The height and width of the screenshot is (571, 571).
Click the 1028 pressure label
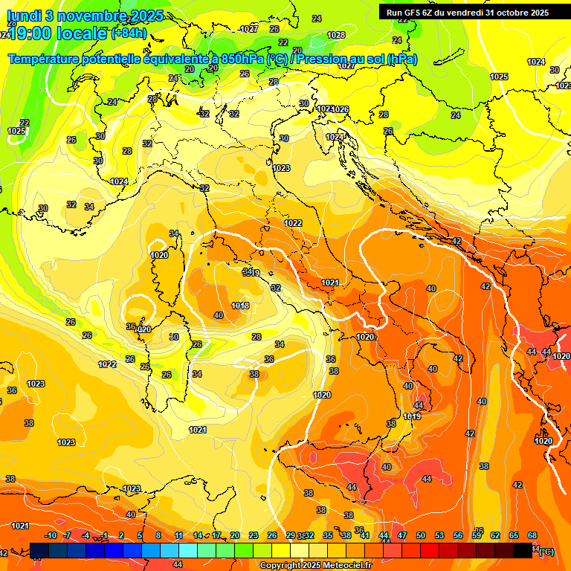336,35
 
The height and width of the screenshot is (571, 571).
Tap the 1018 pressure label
240,306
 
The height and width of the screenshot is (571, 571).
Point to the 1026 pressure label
341,109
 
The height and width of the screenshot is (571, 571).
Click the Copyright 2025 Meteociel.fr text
315,566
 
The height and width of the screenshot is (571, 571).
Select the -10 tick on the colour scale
51,535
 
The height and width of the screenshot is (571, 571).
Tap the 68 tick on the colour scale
532,535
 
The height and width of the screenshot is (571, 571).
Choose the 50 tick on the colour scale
421,535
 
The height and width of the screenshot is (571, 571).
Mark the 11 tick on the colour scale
178,535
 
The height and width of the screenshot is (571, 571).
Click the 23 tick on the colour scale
253,535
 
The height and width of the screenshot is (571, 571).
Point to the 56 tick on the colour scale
458,535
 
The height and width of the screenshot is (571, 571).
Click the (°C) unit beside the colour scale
546,552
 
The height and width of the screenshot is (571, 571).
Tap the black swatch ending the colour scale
523,550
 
